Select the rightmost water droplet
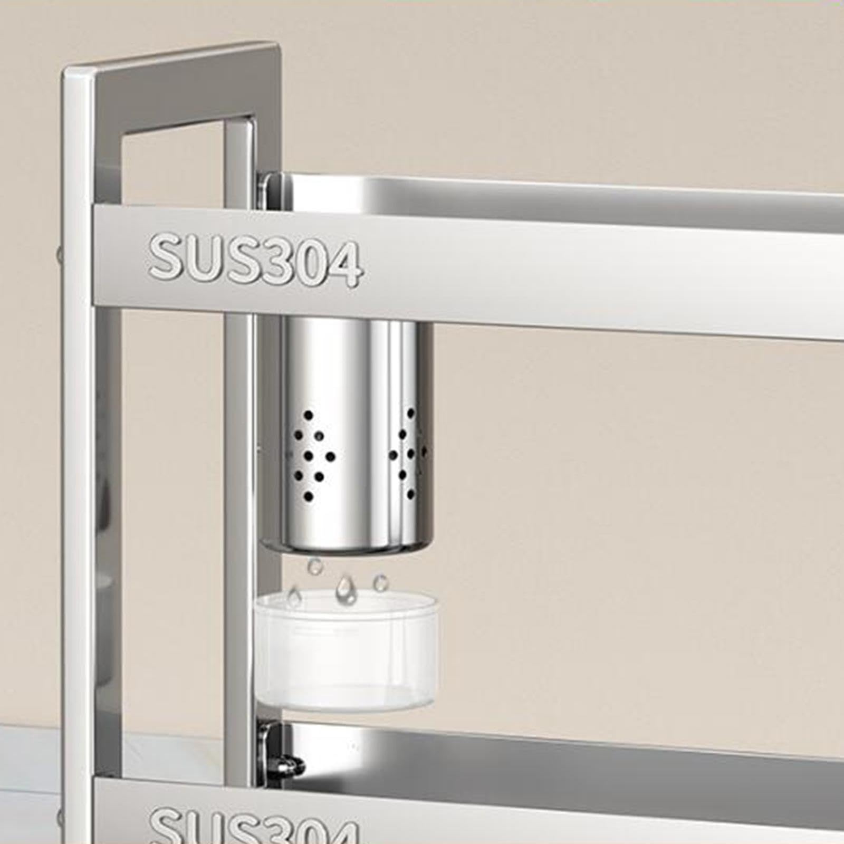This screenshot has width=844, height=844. point(380,582)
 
